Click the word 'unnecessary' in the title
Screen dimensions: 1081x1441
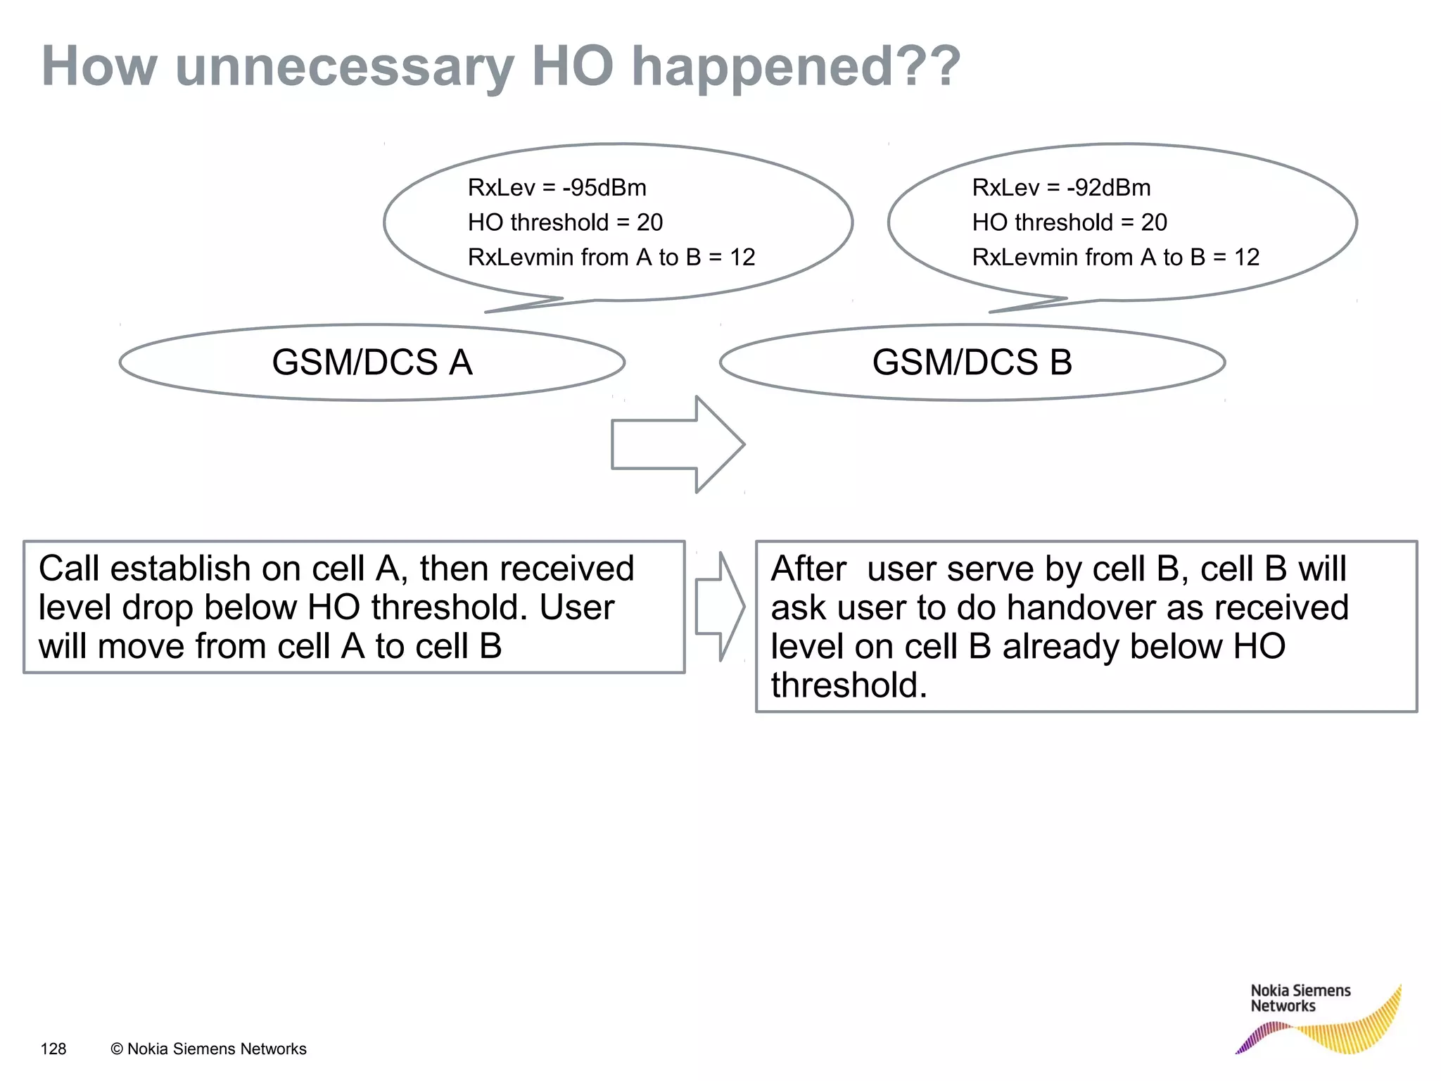(345, 67)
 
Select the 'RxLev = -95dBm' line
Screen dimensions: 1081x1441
(557, 188)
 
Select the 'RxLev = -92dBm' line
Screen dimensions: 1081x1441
(1061, 188)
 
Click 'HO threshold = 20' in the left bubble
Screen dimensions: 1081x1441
(565, 222)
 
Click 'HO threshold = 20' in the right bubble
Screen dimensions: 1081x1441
(1069, 222)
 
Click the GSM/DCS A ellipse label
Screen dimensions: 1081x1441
(372, 362)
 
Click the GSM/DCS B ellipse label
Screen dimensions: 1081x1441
(972, 362)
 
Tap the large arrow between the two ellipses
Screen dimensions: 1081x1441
(677, 444)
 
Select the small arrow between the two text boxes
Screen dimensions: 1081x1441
(719, 607)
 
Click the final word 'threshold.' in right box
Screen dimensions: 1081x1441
(849, 685)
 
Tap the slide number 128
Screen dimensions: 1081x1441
(53, 1049)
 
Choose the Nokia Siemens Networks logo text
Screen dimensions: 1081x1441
(1300, 998)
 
